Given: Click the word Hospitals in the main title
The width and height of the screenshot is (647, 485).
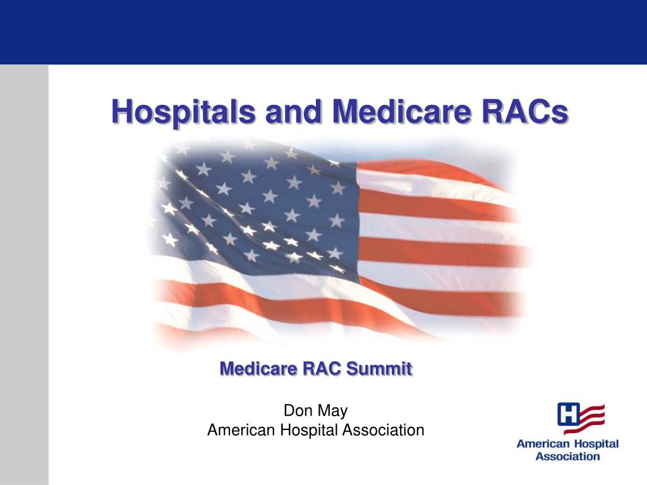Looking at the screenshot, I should pos(183,112).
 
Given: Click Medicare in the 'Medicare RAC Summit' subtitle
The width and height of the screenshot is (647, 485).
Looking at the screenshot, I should pos(258,368).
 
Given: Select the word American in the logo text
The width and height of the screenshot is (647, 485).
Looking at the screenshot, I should pos(543,445).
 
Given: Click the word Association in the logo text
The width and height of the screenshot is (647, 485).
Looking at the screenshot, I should pos(567,457).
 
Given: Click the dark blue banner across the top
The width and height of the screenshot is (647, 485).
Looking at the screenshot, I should pos(323,32).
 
